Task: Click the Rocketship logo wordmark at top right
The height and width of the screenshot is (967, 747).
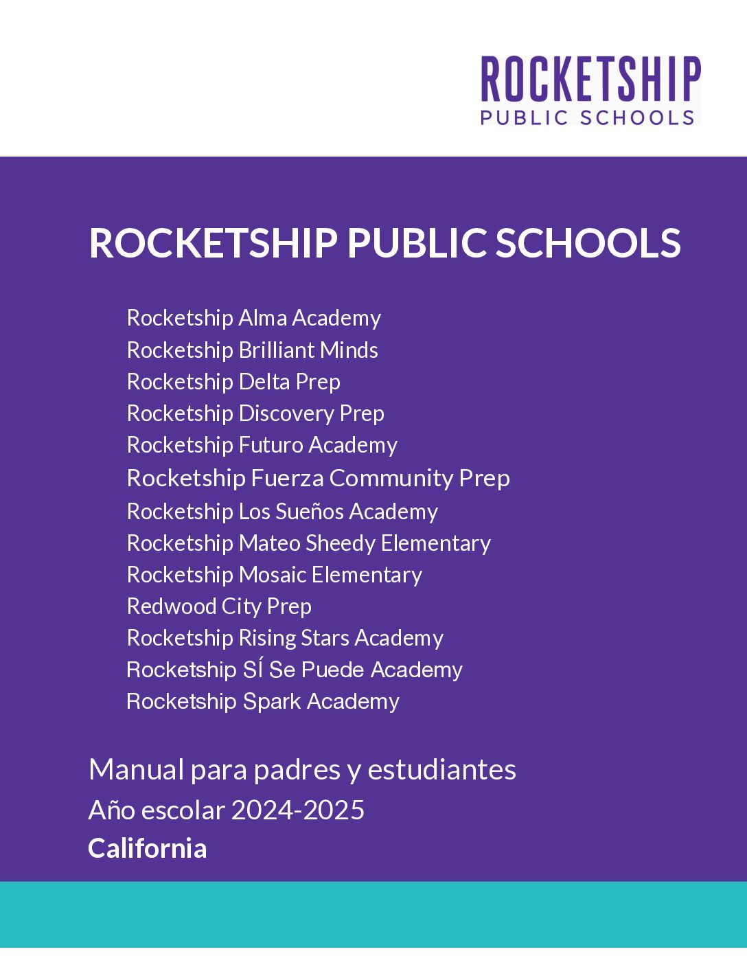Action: pyautogui.click(x=590, y=80)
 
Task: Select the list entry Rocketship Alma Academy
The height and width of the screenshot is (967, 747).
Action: pyautogui.click(x=253, y=318)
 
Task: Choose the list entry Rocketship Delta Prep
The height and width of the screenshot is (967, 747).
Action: pyautogui.click(x=233, y=382)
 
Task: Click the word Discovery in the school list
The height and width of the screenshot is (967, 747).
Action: pyautogui.click(x=286, y=413)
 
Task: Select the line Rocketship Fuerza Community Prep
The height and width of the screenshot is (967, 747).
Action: pyautogui.click(x=318, y=478)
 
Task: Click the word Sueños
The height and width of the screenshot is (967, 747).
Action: pyautogui.click(x=310, y=512)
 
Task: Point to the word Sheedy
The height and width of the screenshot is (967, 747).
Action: pyautogui.click(x=341, y=543)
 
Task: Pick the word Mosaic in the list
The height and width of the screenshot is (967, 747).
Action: pyautogui.click(x=273, y=575)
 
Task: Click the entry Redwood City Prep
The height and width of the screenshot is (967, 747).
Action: pyautogui.click(x=219, y=606)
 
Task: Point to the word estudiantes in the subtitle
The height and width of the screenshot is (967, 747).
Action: pyautogui.click(x=441, y=770)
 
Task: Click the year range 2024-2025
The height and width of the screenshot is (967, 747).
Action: pyautogui.click(x=297, y=810)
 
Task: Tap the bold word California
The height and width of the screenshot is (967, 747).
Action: pyautogui.click(x=147, y=849)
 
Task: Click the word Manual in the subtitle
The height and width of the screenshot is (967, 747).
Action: pyautogui.click(x=136, y=770)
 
